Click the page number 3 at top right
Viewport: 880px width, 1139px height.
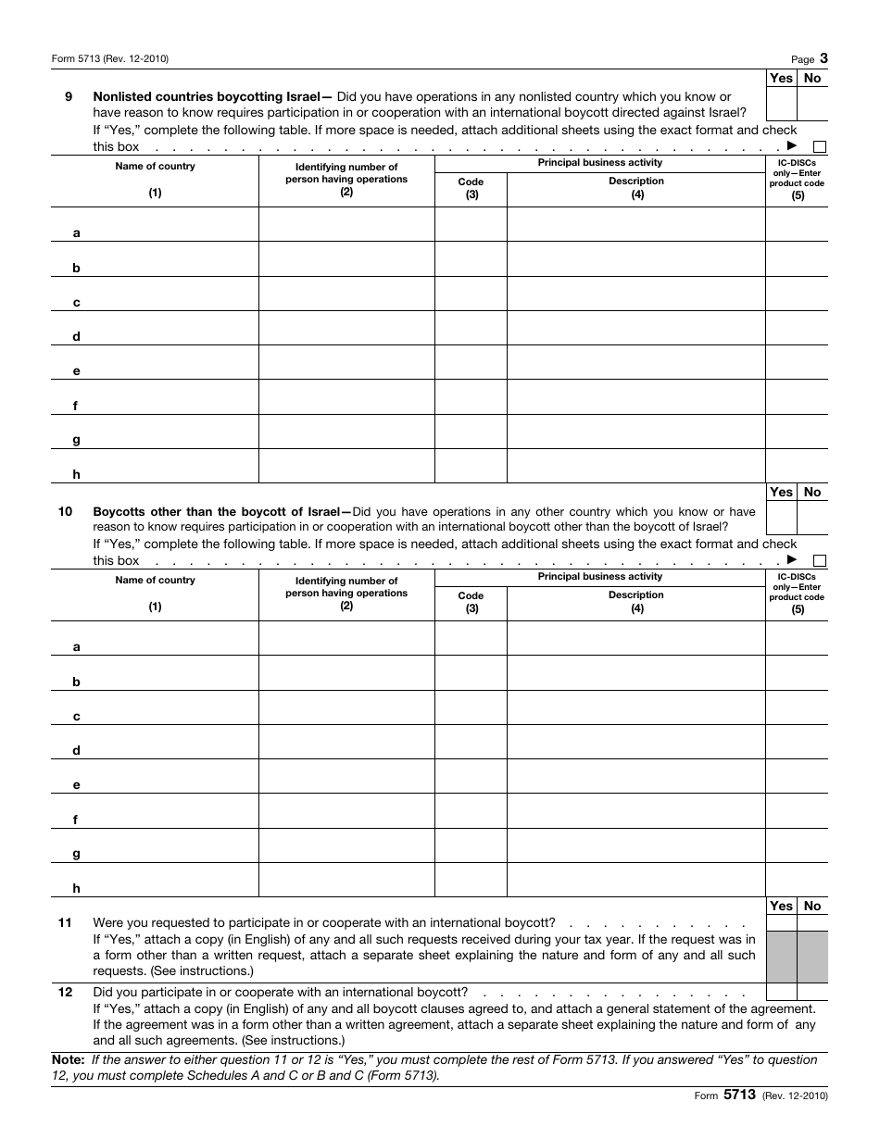tap(823, 57)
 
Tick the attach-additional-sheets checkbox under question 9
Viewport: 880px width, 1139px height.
tap(820, 146)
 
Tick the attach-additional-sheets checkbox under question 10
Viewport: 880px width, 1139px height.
tap(820, 560)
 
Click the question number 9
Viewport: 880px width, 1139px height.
tap(69, 96)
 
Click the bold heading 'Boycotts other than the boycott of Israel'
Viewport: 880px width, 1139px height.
tap(217, 511)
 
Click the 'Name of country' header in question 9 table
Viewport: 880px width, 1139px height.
tap(155, 167)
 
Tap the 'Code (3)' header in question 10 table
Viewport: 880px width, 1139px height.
tap(471, 602)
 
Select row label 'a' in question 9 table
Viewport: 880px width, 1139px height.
tap(77, 233)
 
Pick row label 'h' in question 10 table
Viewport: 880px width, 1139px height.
tap(77, 888)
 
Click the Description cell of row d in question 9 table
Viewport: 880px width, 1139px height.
tap(635, 328)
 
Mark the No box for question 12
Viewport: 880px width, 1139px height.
tap(812, 992)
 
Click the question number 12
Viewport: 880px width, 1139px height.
tap(66, 992)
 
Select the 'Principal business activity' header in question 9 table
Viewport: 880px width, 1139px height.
tap(599, 163)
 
